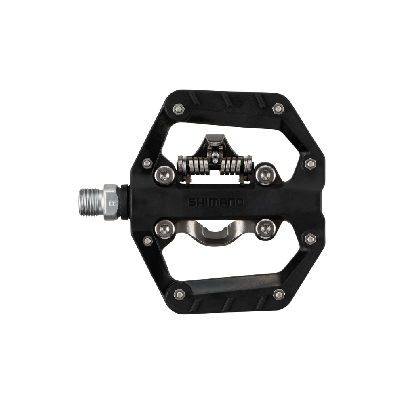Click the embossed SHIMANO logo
[216, 201]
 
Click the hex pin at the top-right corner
[278, 108]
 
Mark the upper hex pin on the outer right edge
[310, 164]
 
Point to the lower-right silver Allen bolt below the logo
[265, 228]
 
